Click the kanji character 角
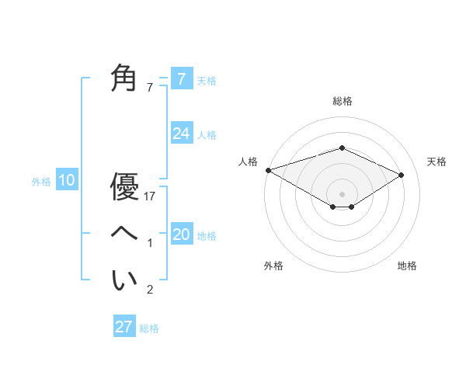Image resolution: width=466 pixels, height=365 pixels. pos(124,79)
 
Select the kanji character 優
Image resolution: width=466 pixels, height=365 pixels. pos(124,187)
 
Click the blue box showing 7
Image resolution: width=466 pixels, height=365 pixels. pos(181,79)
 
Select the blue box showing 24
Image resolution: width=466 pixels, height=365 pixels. pos(181,134)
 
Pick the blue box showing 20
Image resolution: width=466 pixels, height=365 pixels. pos(181,235)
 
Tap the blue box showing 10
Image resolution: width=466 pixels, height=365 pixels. pos(67,181)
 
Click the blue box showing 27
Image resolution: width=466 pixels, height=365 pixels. pos(124,327)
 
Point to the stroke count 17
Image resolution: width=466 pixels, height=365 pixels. pos(151,197)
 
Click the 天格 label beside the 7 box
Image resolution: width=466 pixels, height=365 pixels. pos(207,80)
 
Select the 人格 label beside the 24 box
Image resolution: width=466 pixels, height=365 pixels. pos(207,134)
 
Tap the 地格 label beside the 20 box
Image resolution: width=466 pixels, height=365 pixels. pos(207,235)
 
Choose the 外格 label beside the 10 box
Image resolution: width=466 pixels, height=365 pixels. pos(41,182)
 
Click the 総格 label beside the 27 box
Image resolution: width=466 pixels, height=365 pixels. pos(149,328)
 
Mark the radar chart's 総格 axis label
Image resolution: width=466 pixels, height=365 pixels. pos(343,101)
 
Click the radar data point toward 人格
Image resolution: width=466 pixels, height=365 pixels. pos(268,170)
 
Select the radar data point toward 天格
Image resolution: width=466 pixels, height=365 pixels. pos(402,175)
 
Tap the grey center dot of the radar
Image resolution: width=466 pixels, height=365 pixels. pos(343,193)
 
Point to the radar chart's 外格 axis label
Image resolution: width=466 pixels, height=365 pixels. pos(273,266)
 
